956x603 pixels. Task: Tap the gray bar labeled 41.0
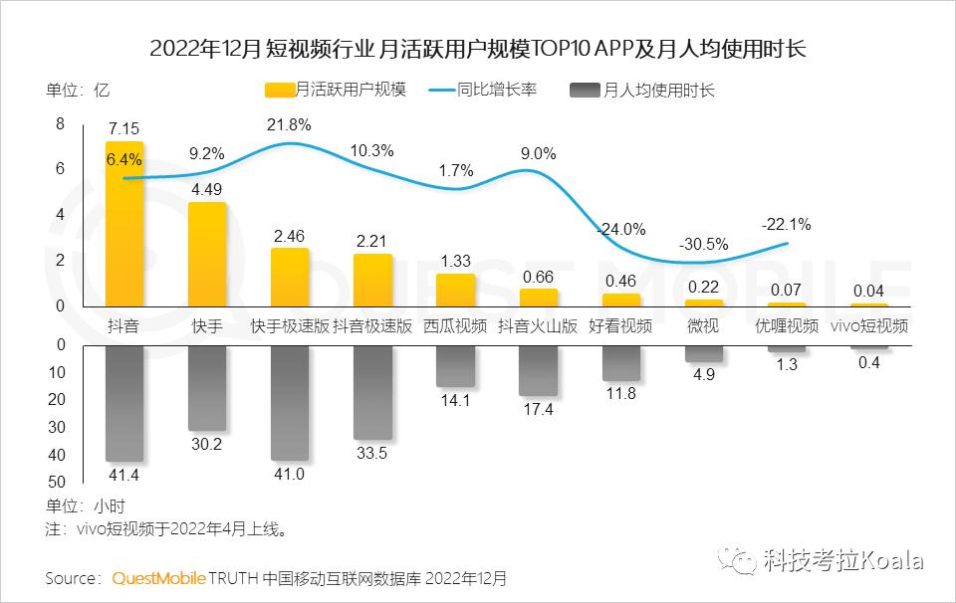[x=289, y=402]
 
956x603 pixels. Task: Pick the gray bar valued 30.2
[x=207, y=387]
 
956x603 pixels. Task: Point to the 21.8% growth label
[x=289, y=125]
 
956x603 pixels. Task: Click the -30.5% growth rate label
[x=703, y=244]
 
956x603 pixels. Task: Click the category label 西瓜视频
[x=455, y=325]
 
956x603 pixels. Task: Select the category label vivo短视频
[x=869, y=325]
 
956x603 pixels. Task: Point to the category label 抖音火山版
[x=538, y=325]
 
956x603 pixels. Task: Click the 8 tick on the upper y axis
[x=60, y=124]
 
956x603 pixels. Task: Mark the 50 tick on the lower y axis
[x=56, y=483]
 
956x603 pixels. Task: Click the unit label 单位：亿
[x=78, y=91]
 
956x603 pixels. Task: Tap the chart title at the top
[x=477, y=48]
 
